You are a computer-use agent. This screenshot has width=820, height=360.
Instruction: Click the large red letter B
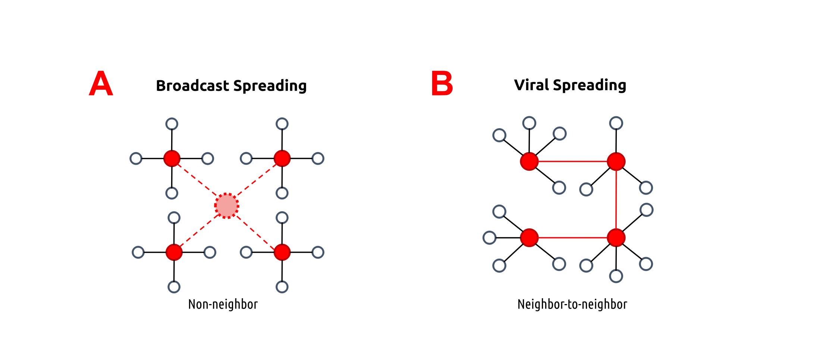[442, 84]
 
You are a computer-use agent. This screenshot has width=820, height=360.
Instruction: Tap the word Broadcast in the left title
[192, 86]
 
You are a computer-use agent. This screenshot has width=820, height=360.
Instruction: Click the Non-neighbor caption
[223, 304]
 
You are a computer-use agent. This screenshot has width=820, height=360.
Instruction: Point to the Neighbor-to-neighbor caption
[572, 304]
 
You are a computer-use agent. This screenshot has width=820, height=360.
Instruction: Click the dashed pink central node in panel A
[227, 205]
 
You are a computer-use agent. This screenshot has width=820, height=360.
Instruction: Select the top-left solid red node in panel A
[172, 158]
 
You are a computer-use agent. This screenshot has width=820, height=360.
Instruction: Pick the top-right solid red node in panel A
[282, 158]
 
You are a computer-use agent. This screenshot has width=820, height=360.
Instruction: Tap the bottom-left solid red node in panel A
[174, 252]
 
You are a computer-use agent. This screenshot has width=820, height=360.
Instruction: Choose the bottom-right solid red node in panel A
[282, 252]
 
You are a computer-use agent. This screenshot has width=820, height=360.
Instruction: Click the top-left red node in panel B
[529, 161]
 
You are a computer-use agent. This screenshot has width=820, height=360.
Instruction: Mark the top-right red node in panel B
[616, 161]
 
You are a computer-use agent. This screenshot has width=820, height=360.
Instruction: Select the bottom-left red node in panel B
[529, 237]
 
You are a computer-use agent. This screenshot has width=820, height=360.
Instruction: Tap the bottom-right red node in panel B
[616, 237]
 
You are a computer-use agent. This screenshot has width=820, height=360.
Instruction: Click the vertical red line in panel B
[616, 199]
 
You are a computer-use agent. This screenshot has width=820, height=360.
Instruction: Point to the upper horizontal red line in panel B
[572, 161]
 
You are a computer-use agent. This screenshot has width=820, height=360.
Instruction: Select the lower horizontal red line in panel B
[572, 237]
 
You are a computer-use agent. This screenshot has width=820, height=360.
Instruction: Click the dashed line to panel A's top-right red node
[257, 180]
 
